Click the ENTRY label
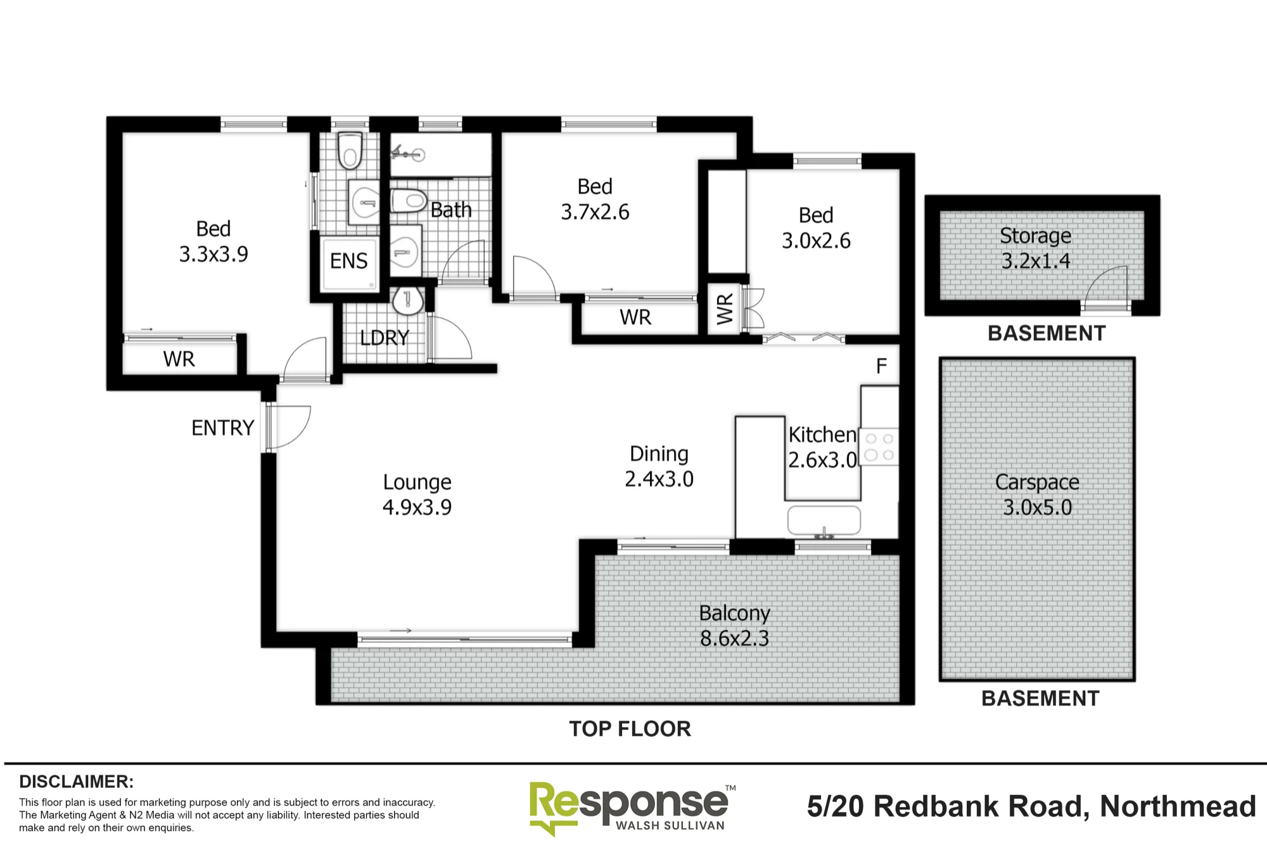pos(222,428)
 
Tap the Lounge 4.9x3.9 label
pos(417,495)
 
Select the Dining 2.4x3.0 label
pos(659,466)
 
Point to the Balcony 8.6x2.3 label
pos(734,625)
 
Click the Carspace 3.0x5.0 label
pos(1037,495)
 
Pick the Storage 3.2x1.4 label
pos(1036,248)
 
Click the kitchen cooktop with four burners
pos(879,447)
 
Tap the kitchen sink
pos(824,521)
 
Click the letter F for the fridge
pos(881,366)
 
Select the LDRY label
pos(385,338)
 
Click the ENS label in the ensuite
pos(348,261)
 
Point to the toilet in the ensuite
pos(350,151)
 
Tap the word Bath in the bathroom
pos(451,210)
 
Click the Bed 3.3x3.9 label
pos(213,241)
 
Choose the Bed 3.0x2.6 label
pos(816,228)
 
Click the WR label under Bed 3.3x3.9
pos(179,359)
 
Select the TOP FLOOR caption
pos(630,729)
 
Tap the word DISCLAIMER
pos(76,782)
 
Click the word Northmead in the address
pos(1178,806)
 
